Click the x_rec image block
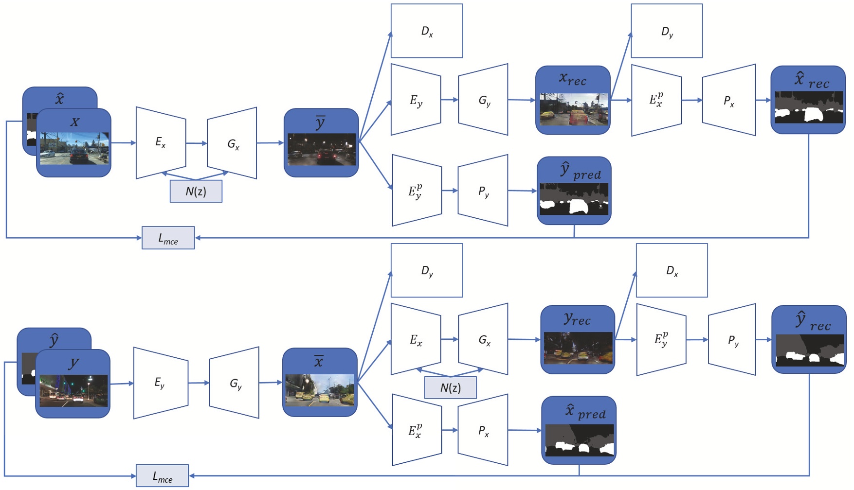[573, 100]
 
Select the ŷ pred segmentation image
[574, 191]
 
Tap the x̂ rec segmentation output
[808, 100]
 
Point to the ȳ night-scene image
[321, 142]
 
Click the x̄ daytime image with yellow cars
[320, 383]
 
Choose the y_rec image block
[578, 340]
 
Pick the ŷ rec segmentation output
[809, 340]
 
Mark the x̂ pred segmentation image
[579, 430]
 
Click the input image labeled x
[74, 143]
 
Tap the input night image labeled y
[73, 384]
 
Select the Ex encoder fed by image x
[161, 142]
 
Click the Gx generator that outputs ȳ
[232, 143]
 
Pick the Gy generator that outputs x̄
[235, 383]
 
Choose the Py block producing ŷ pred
[483, 191]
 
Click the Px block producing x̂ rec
[728, 100]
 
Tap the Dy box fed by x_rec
[667, 31]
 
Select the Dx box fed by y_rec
[672, 270]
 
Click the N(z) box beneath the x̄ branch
[450, 388]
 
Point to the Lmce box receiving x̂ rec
[168, 238]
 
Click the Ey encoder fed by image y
[161, 383]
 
